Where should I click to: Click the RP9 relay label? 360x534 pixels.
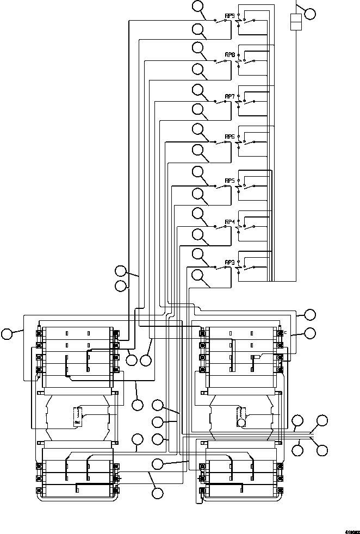tap(229, 16)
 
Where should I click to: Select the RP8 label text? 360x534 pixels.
tap(229, 55)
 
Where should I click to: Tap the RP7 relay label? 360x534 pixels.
tap(229, 96)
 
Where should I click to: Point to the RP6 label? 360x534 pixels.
tap(229, 136)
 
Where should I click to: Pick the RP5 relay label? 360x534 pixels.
tap(229, 180)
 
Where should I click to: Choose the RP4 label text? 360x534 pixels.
tap(229, 222)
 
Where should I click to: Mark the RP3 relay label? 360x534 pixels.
tap(229, 262)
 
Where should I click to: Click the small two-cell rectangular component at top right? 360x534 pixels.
tap(296, 22)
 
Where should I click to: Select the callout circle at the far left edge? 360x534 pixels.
tap(7, 334)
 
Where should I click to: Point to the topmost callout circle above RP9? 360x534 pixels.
tap(198, 7)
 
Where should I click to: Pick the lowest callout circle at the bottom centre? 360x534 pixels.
tap(157, 493)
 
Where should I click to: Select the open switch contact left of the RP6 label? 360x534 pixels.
tap(221, 142)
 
